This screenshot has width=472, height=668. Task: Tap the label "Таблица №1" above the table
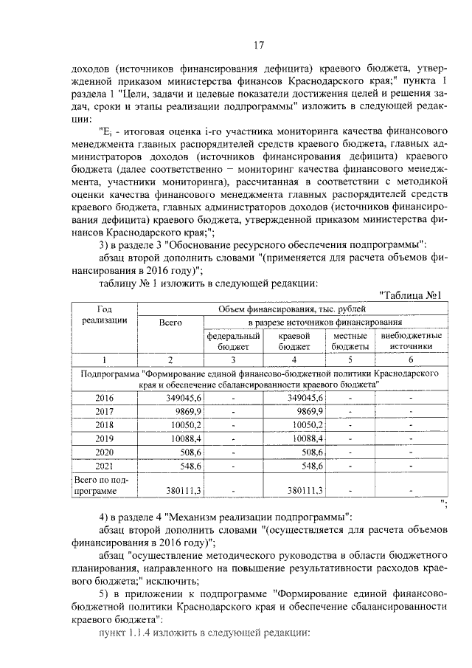pos(409,296)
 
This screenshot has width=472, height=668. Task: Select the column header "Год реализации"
pos(104,315)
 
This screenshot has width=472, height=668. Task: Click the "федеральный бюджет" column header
pos(233,340)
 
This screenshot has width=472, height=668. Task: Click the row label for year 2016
pos(104,398)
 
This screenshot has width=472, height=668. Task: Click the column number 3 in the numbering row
pos(233,359)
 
